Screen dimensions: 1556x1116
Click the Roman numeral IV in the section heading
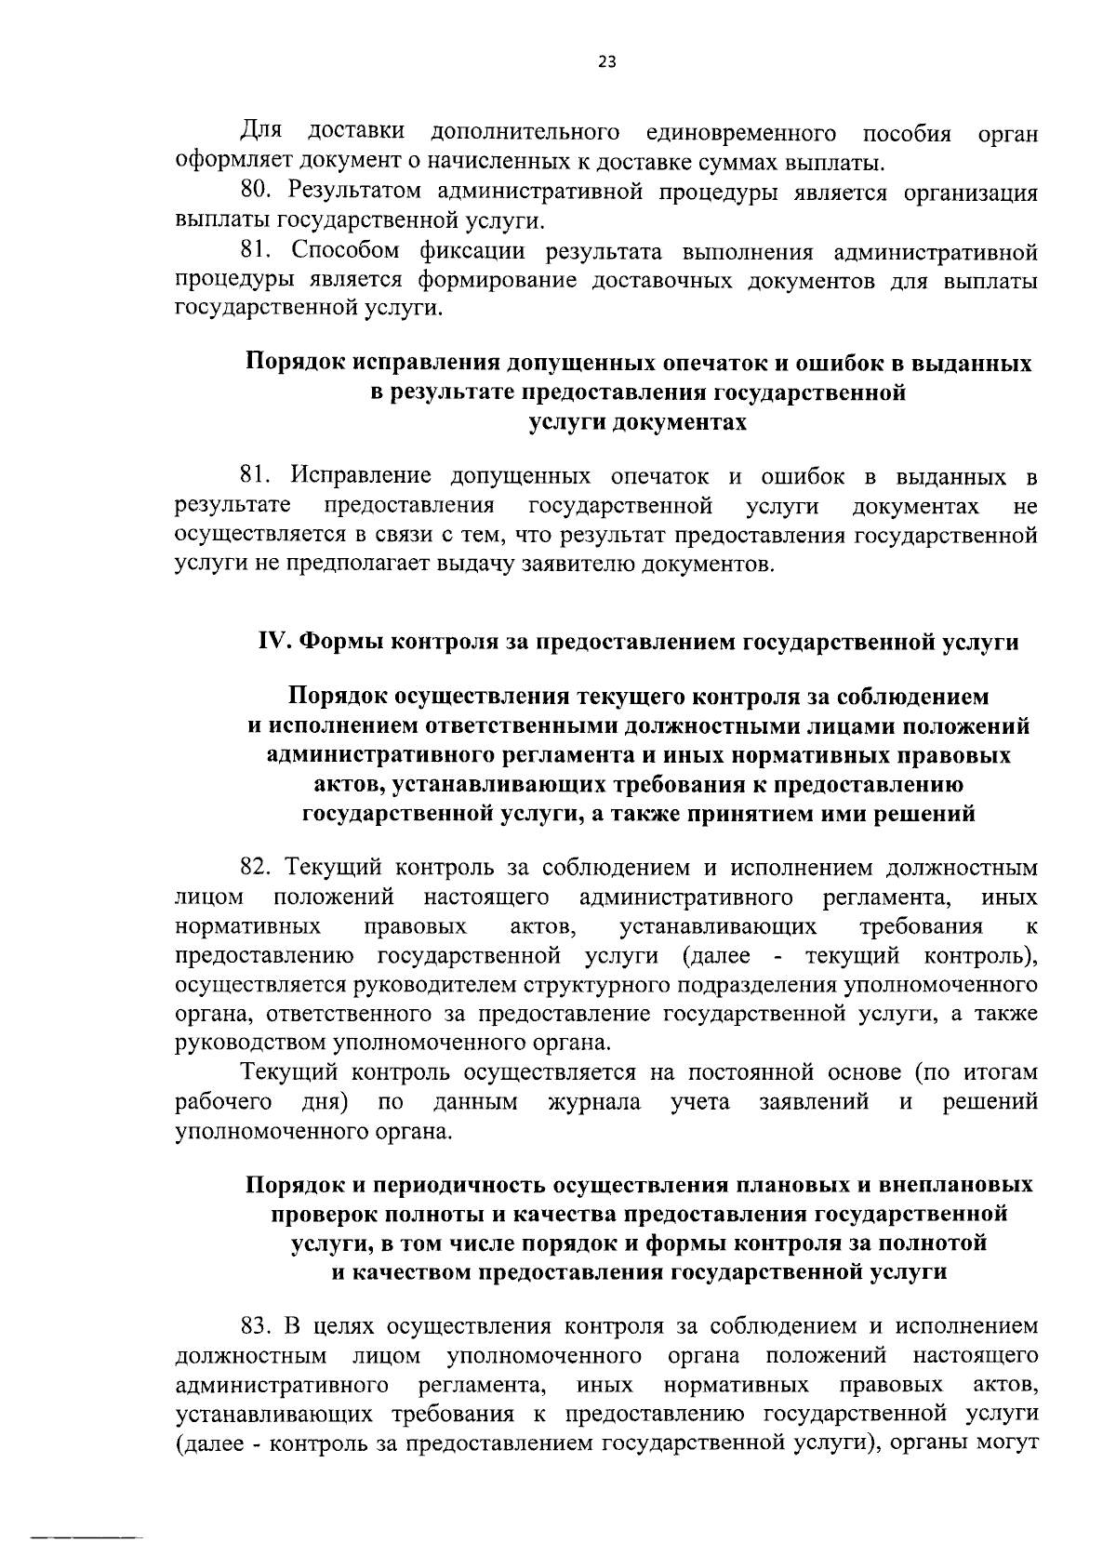coord(269,642)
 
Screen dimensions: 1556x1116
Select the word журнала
coord(594,1102)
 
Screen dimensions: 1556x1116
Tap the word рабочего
coord(223,1102)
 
